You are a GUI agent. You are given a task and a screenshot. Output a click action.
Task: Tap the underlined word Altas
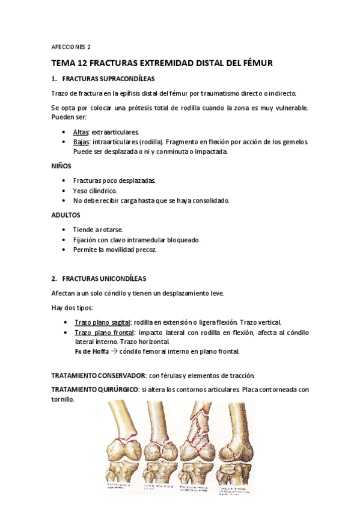point(81,132)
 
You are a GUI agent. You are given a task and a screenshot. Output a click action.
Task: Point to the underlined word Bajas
point(81,142)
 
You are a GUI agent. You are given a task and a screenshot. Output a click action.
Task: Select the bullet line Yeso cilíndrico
point(94,191)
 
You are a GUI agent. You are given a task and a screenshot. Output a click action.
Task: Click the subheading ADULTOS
point(66,215)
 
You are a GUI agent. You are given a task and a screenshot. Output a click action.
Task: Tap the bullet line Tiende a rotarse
point(98,230)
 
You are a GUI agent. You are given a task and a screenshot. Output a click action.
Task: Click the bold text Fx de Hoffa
point(91,351)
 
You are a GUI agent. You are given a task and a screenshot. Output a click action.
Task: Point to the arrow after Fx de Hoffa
point(114,351)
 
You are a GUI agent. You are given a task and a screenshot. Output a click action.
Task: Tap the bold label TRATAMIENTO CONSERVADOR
point(99,375)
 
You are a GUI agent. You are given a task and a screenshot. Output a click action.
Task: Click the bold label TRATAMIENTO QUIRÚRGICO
point(94,390)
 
